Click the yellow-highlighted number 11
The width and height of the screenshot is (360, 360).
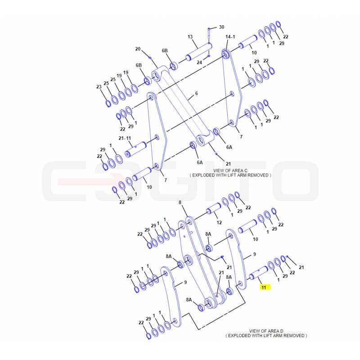click(x=264, y=288)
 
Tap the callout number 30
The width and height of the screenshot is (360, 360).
click(x=221, y=27)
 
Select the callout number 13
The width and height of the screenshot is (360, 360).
click(x=190, y=37)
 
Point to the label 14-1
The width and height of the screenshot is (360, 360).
click(x=230, y=37)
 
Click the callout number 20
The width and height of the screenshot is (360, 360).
click(x=138, y=49)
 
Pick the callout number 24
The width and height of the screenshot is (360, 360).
click(x=199, y=63)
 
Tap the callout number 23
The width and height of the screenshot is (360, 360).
click(x=99, y=87)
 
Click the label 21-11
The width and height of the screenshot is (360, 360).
click(x=125, y=138)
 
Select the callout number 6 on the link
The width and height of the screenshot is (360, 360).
click(x=196, y=94)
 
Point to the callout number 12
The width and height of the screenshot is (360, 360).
click(x=219, y=222)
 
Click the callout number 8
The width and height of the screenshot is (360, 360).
click(x=180, y=202)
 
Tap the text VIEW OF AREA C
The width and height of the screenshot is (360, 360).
click(x=230, y=171)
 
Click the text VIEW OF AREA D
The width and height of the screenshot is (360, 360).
click(x=266, y=331)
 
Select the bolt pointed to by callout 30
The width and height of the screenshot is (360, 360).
click(x=209, y=33)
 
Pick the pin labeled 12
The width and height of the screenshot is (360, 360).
click(x=214, y=208)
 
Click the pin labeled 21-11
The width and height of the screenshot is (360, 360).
click(x=136, y=149)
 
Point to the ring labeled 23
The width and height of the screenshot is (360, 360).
click(x=108, y=103)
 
